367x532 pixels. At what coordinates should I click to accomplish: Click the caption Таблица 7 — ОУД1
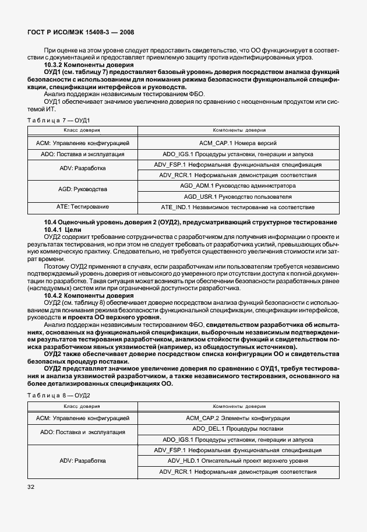58,119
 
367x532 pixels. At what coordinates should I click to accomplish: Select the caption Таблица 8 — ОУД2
58,395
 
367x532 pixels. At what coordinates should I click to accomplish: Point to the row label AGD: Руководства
82,189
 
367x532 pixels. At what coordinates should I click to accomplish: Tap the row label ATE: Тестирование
82,206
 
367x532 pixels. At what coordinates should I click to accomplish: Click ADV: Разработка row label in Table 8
82,460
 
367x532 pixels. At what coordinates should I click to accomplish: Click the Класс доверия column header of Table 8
82,406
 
